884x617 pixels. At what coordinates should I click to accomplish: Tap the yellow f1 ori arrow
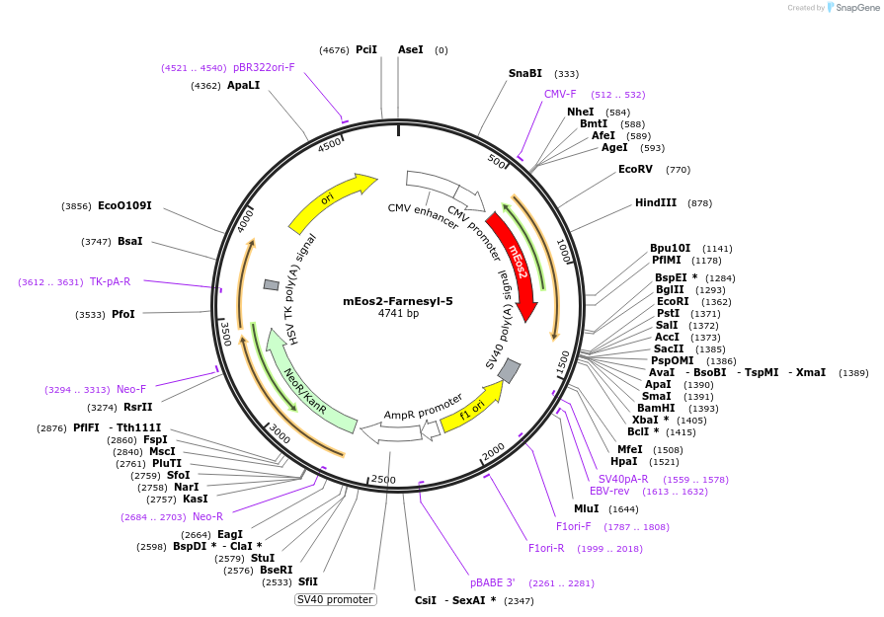tap(471, 407)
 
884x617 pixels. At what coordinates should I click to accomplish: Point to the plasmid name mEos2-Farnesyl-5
tap(398, 301)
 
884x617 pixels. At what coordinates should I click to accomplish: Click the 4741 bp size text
tap(398, 314)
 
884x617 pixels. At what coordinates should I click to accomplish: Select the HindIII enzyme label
tap(656, 202)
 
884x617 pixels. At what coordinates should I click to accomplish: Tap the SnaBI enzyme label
tap(525, 73)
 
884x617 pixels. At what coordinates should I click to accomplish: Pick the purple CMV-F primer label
tap(560, 94)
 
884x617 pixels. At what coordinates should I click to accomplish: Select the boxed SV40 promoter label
tap(336, 599)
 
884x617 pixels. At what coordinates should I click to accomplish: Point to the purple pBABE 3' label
tap(492, 582)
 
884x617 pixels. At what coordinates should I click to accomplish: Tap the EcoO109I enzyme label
tap(124, 205)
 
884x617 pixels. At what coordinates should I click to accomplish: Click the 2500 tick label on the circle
tap(382, 480)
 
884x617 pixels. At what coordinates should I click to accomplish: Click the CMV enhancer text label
tap(423, 214)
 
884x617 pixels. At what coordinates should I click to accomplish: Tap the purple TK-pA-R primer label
tap(110, 281)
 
